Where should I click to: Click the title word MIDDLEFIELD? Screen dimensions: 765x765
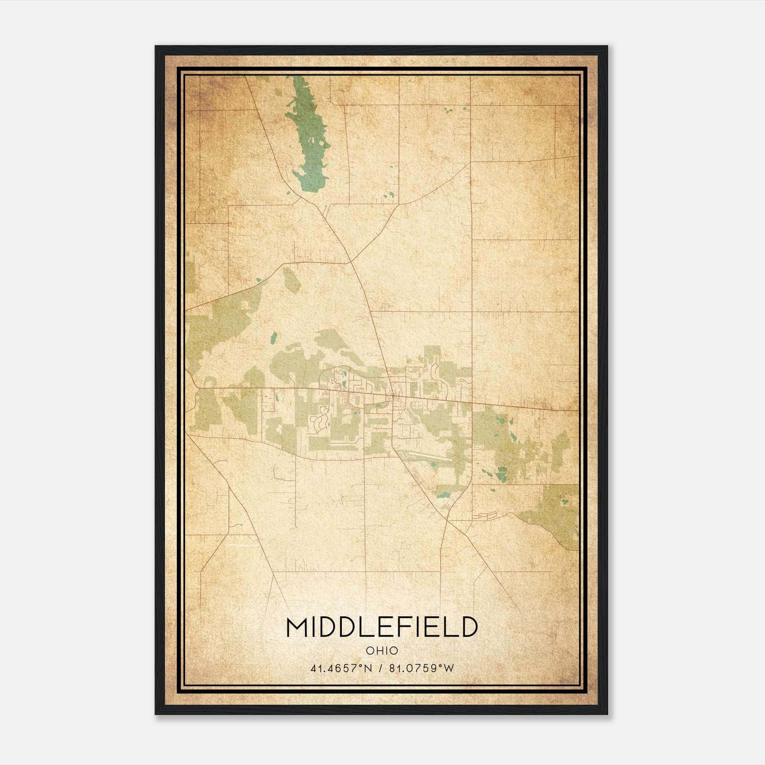382,628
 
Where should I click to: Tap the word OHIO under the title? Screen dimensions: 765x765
382,651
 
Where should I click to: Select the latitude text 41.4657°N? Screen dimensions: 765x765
341,668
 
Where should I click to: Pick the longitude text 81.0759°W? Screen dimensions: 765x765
421,668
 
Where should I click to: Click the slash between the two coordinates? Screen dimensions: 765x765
381,668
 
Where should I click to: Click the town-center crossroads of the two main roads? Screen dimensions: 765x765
394,396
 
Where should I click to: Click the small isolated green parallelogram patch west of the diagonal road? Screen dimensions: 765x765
292,280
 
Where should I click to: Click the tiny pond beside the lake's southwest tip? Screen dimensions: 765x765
288,193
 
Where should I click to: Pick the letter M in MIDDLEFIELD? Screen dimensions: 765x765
297,628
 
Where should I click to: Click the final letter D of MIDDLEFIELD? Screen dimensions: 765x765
469,628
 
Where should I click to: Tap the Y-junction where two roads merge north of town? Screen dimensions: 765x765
351,262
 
